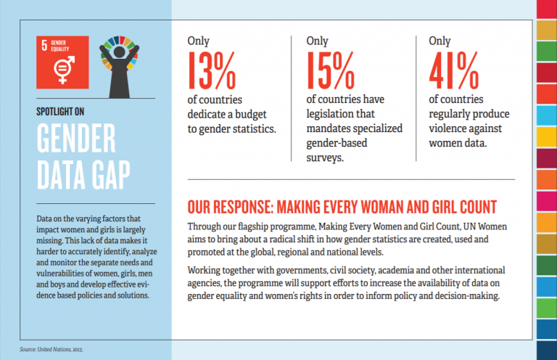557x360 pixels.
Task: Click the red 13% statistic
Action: tap(212, 70)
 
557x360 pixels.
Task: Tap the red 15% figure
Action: tap(331, 70)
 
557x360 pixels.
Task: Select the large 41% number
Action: tap(453, 70)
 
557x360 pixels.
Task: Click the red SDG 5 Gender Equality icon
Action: tap(62, 62)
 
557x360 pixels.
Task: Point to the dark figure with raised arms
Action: tap(120, 67)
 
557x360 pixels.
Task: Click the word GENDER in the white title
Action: tap(76, 138)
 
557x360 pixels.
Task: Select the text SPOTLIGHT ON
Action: tap(60, 112)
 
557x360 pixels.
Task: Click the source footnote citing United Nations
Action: tap(51, 349)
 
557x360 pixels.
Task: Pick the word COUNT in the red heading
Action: tap(478, 207)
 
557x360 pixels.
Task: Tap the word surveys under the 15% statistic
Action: tap(325, 157)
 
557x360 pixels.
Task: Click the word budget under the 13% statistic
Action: tap(251, 115)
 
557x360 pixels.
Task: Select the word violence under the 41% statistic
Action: tap(447, 128)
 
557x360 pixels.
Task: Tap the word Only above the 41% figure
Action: tap(440, 41)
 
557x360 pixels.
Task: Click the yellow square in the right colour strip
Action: tap(547, 137)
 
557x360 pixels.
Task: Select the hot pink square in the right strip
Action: tap(547, 201)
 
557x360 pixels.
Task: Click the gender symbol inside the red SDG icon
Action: tap(64, 70)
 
